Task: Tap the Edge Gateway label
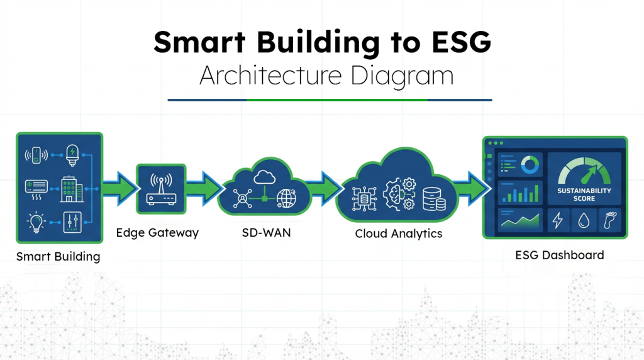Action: coord(157,233)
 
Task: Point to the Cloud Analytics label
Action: coord(399,234)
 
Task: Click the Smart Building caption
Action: coord(58,256)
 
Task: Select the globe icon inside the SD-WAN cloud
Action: coord(287,198)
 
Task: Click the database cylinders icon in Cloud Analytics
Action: coord(435,199)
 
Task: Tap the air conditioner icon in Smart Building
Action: coord(35,186)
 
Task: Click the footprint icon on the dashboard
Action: coord(610,220)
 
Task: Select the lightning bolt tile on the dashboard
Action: coord(558,220)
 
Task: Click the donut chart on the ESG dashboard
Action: coord(530,166)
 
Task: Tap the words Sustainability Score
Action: coord(584,194)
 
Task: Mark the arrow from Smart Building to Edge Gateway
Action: coord(120,187)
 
